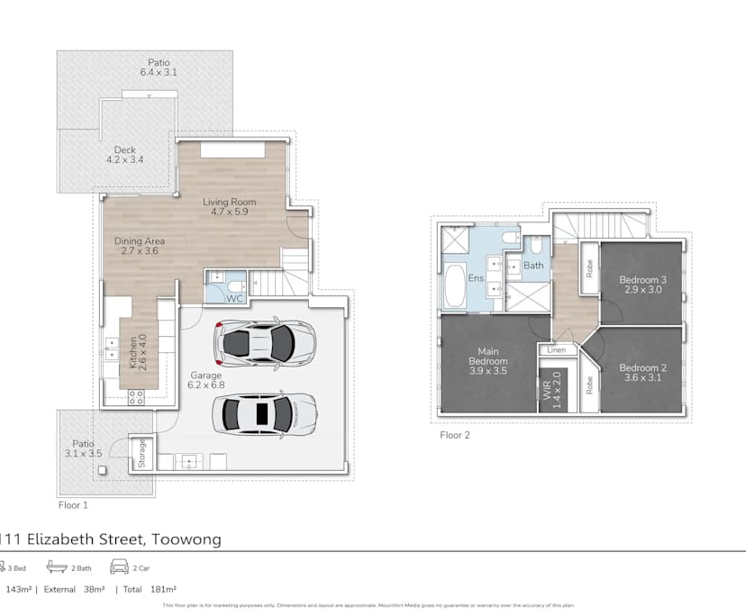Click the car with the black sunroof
pyautogui.click(x=264, y=415)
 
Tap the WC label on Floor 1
pyautogui.click(x=234, y=297)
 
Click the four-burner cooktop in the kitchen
pyautogui.click(x=137, y=397)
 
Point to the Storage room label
pyautogui.click(x=141, y=453)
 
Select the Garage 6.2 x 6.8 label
pyautogui.click(x=206, y=380)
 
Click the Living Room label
pyautogui.click(x=229, y=207)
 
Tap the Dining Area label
pyautogui.click(x=141, y=246)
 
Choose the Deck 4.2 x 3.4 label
pyautogui.click(x=124, y=155)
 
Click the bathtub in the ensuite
pyautogui.click(x=452, y=286)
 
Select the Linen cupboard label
pyautogui.click(x=557, y=349)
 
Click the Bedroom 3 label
pyautogui.click(x=641, y=285)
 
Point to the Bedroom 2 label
pyautogui.click(x=641, y=372)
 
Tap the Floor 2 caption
pyautogui.click(x=455, y=435)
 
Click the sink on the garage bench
pyautogui.click(x=189, y=461)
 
